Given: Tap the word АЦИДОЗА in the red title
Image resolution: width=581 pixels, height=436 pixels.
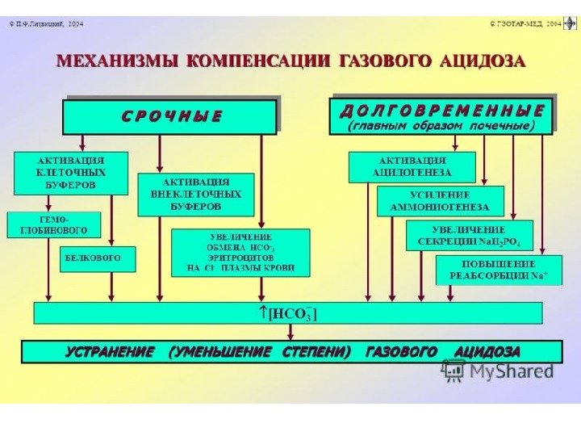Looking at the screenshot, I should (x=482, y=61).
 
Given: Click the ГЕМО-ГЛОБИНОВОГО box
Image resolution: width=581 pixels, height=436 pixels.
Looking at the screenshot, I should (x=53, y=224).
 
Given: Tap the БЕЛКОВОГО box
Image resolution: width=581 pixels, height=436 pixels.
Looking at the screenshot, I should (x=98, y=258).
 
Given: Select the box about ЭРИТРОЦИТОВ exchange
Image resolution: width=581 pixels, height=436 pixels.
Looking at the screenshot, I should (x=240, y=252).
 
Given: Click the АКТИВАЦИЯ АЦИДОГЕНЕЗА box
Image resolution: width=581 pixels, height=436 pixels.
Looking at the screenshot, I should (x=412, y=166).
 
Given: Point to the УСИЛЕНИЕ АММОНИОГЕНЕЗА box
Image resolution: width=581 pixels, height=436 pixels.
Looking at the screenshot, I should (x=440, y=201).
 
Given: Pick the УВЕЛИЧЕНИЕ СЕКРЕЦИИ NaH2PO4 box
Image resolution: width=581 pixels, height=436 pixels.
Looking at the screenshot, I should (x=469, y=235).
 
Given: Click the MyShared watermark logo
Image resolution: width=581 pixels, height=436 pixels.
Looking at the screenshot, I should (x=499, y=371).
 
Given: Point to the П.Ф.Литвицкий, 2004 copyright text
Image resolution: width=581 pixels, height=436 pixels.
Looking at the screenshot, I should (x=47, y=24).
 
